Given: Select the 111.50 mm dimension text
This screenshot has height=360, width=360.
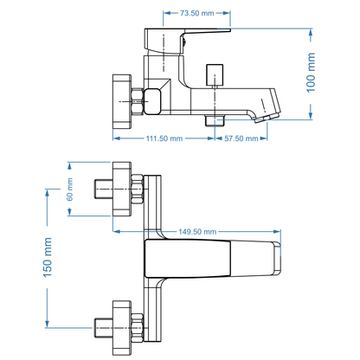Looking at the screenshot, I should [164, 138].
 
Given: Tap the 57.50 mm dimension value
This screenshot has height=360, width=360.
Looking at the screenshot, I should [242, 138].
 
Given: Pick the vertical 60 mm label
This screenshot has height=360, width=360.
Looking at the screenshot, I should [69, 190].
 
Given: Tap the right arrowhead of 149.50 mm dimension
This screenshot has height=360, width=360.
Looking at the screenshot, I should [280, 231].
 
